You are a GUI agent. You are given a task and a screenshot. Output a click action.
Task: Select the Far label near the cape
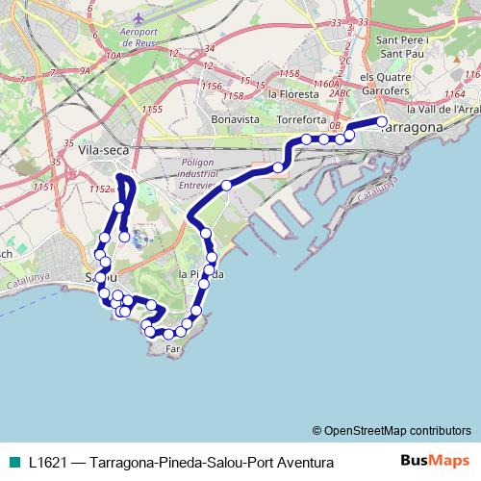coord(173,350)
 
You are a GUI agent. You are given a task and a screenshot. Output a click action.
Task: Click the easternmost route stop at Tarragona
coord(383,122)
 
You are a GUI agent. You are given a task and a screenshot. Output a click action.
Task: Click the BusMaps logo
coord(436,462)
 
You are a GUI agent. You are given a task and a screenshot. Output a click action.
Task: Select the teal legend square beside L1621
coord(13,463)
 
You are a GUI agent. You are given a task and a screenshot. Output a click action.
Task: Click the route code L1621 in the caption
coord(47,463)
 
